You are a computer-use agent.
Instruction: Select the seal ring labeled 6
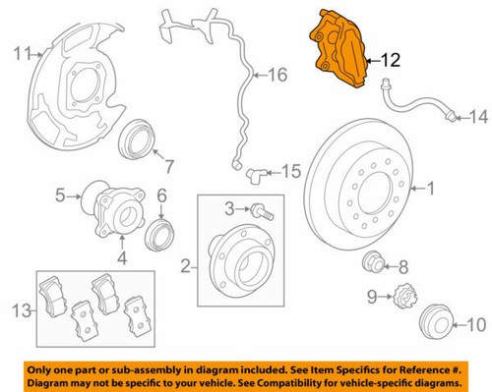pos(158,237)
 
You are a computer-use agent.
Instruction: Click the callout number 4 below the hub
pos(122,258)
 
